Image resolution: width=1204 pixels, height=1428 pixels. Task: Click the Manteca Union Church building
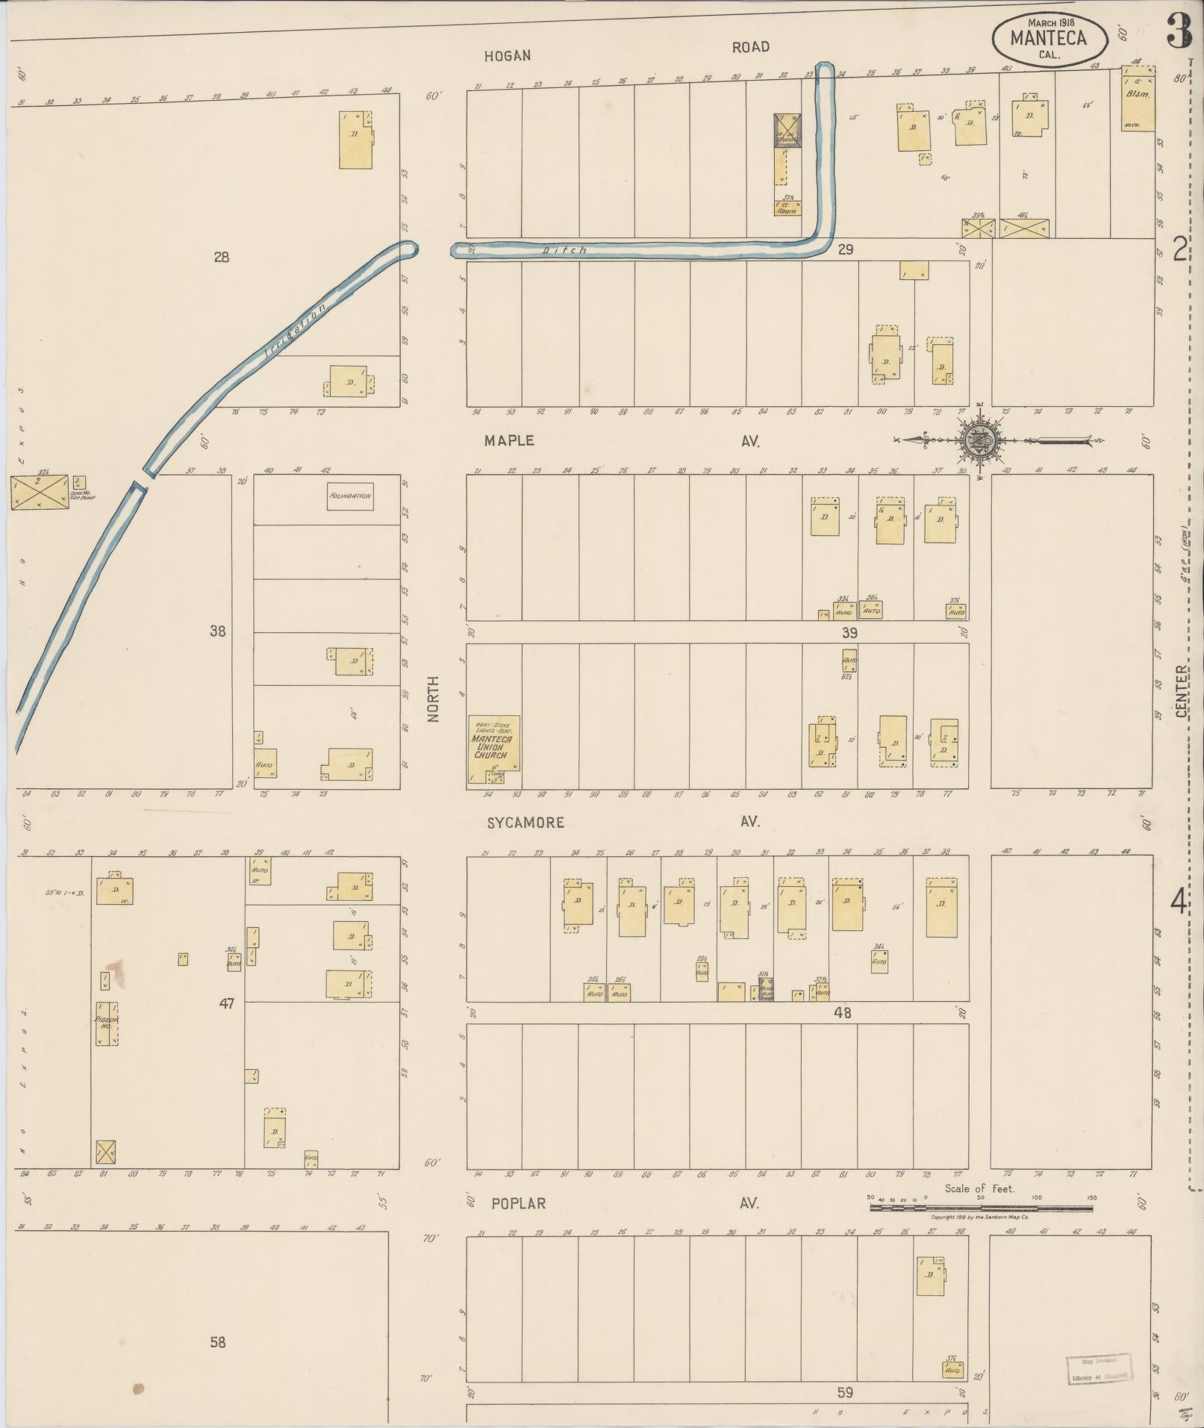click(493, 749)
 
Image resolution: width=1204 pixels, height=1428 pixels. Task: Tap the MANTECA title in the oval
click(1049, 37)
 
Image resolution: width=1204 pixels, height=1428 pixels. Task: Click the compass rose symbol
click(980, 441)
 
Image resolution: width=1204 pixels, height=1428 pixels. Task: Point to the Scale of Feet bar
click(980, 1206)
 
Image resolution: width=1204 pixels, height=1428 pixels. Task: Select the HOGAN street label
click(507, 56)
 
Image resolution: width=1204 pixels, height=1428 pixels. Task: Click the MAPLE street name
click(509, 441)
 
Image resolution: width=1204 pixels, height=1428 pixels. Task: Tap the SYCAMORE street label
click(525, 823)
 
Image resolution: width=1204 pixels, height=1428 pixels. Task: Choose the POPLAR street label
click(518, 1204)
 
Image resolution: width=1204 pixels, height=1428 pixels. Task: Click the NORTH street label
click(434, 699)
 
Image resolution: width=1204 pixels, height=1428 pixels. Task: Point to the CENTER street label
click(1182, 691)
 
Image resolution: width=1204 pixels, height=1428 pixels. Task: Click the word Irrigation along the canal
click(296, 328)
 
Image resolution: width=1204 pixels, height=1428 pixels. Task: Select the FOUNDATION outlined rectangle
click(349, 496)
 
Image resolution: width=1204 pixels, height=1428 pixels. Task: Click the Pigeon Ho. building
click(106, 1022)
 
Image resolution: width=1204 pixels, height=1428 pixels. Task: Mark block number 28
click(221, 258)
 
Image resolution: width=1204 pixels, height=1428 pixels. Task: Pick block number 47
click(226, 1004)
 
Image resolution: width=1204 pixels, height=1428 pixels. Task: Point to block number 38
click(217, 632)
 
